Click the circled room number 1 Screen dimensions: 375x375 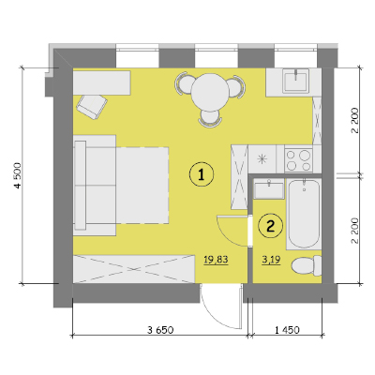[x=202, y=174]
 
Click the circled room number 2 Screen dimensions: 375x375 [x=271, y=225]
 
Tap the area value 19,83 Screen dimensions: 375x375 [x=216, y=260]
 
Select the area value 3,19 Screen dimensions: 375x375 [x=271, y=260]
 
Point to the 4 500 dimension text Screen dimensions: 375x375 [x=18, y=175]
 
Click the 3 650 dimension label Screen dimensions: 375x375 [x=160, y=330]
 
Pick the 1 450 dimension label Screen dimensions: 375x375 [x=287, y=330]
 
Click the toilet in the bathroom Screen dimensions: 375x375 [x=307, y=266]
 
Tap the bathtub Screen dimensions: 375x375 [x=304, y=214]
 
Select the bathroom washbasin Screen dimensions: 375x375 [x=269, y=189]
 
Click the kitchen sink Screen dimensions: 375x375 [x=295, y=81]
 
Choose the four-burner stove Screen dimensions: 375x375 [x=298, y=160]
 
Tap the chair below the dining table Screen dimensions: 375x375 [x=210, y=119]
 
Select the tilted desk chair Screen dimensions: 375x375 [x=92, y=106]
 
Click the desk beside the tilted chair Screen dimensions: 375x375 [x=101, y=82]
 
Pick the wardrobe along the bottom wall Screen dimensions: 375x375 [x=134, y=269]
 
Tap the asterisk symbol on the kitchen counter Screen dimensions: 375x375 [x=262, y=159]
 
